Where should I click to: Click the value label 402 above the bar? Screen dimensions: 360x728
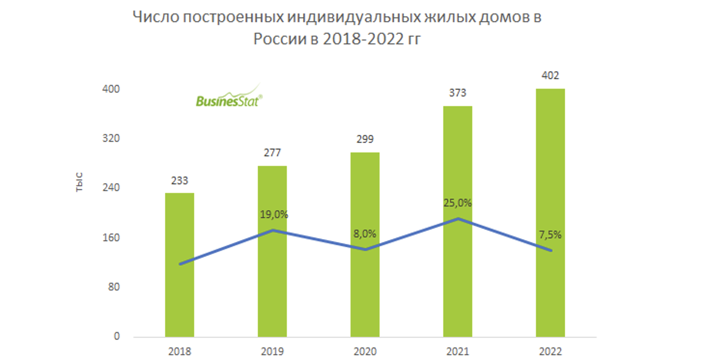(550, 75)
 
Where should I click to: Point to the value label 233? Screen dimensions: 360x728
(179, 181)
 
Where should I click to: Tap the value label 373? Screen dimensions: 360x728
(457, 93)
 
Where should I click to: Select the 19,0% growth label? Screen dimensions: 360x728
(274, 214)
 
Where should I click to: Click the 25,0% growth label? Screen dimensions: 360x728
(457, 203)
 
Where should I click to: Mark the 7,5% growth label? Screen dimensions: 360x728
(550, 234)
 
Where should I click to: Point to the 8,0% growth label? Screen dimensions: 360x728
(365, 234)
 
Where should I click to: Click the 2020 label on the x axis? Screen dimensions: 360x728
(365, 352)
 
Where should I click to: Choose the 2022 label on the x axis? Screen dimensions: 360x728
(550, 352)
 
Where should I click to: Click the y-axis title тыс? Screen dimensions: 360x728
(79, 183)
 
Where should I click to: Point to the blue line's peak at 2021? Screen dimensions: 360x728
(458, 218)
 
